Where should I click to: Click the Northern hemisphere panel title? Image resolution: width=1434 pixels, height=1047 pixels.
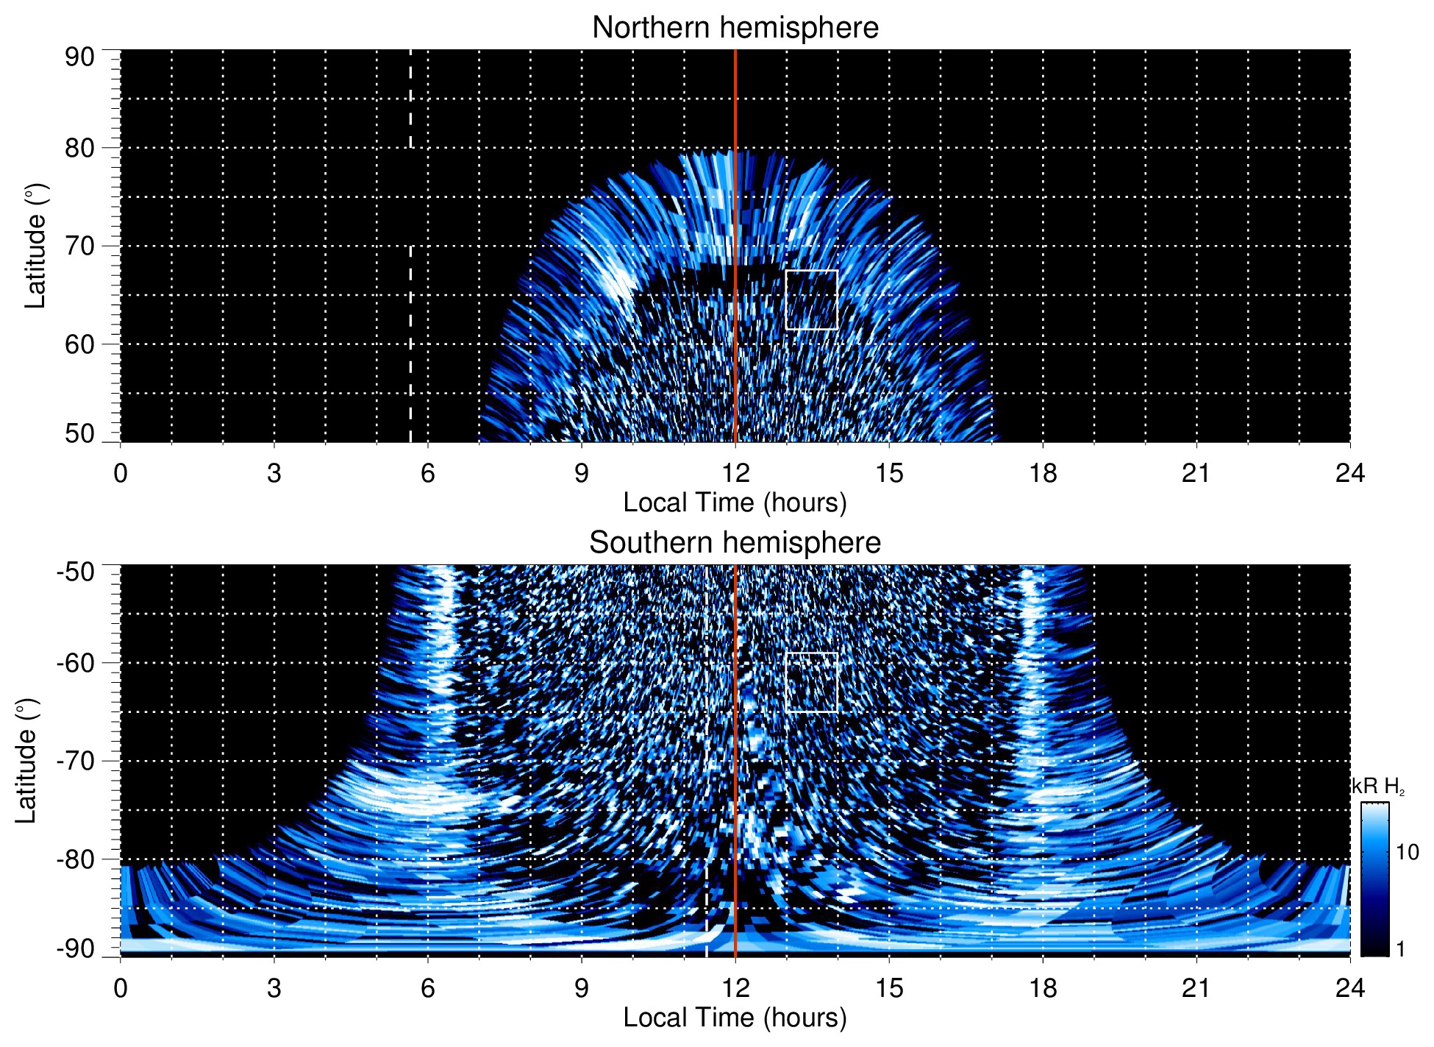[x=735, y=28]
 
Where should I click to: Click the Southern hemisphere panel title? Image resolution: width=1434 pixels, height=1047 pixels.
[x=735, y=543]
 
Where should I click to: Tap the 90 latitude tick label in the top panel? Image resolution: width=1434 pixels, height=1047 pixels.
[x=79, y=57]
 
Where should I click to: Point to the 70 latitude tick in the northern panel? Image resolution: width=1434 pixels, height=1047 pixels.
[x=79, y=246]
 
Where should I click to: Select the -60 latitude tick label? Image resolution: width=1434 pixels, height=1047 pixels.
[x=76, y=663]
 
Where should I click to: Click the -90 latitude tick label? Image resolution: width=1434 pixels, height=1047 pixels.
[x=76, y=948]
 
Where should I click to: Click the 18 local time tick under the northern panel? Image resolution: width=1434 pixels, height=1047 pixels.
[x=1043, y=473]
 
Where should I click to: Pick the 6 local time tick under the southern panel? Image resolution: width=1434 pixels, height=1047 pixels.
[x=428, y=988]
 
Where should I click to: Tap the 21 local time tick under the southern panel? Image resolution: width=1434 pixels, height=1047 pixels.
[x=1196, y=988]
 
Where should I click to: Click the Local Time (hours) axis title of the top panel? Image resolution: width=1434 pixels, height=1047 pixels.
[x=735, y=503]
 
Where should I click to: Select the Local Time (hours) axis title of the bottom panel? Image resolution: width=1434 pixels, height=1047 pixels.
[x=735, y=1018]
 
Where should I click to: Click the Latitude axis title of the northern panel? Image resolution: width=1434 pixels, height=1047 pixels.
[x=35, y=246]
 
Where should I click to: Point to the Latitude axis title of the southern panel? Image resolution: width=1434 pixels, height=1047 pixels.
[x=26, y=761]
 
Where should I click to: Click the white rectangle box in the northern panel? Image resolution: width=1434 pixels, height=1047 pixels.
[x=812, y=299]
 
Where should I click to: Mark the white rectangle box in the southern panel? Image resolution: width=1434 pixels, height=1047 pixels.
[x=812, y=682]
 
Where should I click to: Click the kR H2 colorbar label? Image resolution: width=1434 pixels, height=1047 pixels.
[x=1378, y=787]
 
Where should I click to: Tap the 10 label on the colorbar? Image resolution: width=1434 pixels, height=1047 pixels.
[x=1407, y=853]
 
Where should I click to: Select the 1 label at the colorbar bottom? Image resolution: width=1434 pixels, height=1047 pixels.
[x=1400, y=949]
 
